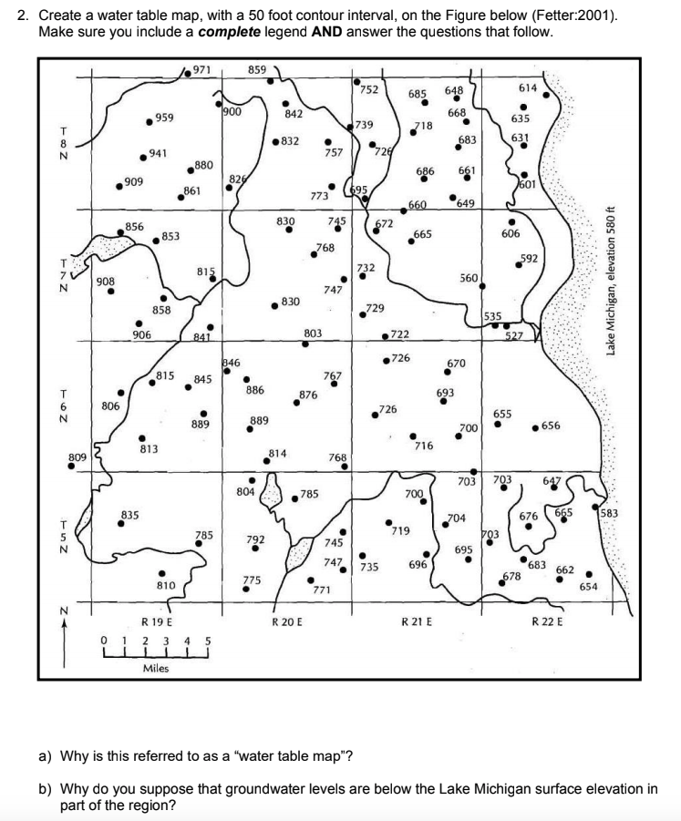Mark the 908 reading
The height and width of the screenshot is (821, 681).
point(106,282)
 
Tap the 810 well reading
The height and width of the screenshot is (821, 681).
point(165,584)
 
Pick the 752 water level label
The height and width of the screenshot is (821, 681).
point(369,89)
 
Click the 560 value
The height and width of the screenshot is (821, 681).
point(469,277)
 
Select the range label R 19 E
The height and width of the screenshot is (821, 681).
point(157,622)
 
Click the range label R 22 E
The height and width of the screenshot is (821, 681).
point(547,622)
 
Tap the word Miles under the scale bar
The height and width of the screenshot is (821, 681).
point(155,668)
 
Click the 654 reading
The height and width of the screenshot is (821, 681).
point(588,586)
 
